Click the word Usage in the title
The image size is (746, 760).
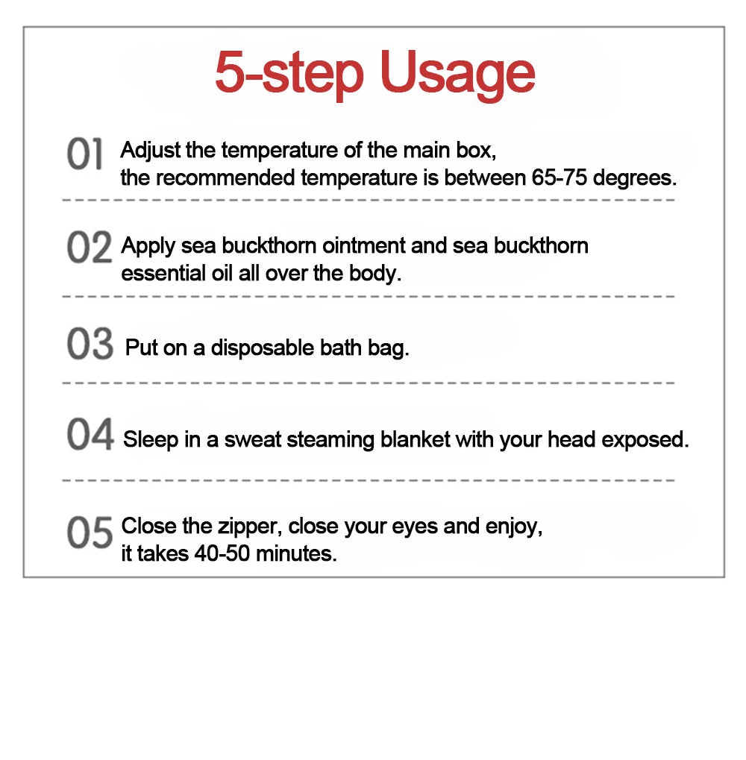[x=457, y=74]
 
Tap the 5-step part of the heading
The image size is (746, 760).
[x=289, y=72]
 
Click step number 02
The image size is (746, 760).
[x=90, y=247]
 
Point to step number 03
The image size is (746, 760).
[x=90, y=343]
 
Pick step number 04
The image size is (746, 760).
[x=90, y=434]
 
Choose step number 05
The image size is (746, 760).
[x=90, y=532]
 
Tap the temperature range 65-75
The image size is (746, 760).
[x=559, y=178]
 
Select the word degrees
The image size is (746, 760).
[x=635, y=178]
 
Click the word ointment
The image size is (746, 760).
[x=363, y=245]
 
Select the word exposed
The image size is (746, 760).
[x=645, y=441]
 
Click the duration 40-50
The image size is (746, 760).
[x=222, y=553]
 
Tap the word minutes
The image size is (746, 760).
[x=296, y=553]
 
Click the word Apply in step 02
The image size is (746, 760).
[x=148, y=246]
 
